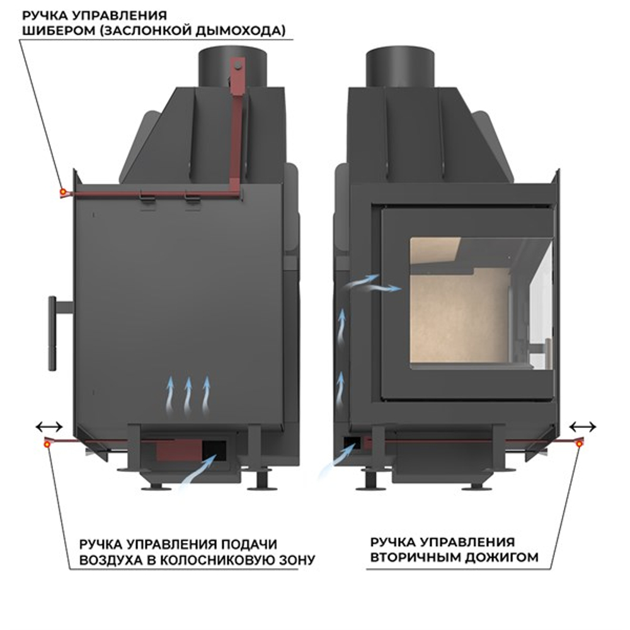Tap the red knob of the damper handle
point(62,192)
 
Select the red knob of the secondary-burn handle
point(580,444)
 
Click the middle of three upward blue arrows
point(187,392)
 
